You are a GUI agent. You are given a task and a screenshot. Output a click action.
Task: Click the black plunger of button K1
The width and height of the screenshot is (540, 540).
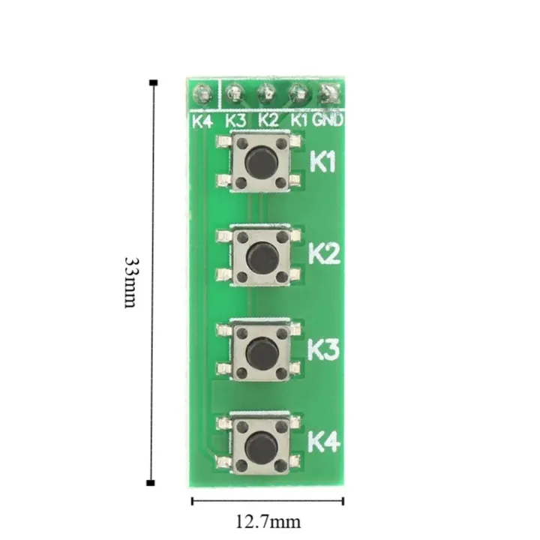point(261,160)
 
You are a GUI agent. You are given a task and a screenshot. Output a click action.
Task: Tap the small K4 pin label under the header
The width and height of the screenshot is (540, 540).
point(202,120)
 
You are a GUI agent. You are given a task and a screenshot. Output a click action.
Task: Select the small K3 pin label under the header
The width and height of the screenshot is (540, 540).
point(235,120)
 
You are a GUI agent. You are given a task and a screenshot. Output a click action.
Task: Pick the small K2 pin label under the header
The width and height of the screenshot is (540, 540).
point(268,120)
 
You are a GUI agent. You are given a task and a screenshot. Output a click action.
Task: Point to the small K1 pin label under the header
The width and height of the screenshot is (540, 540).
point(299,120)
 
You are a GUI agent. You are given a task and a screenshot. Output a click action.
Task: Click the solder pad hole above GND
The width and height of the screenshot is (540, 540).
point(329,94)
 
